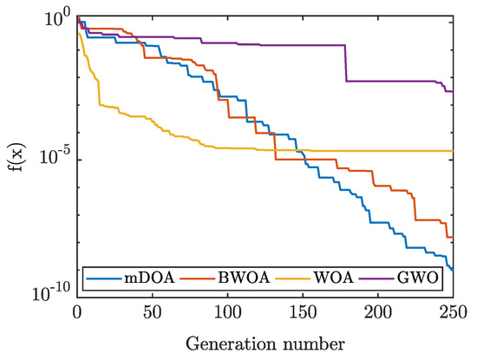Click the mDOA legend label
click(x=145, y=278)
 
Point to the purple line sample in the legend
click(x=382, y=278)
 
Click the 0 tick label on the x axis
click(x=77, y=310)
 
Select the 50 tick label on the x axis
click(x=153, y=310)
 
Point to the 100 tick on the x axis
click(x=227, y=310)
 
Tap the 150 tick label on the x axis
click(x=303, y=310)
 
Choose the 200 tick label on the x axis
click(x=378, y=310)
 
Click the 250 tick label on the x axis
click(x=453, y=310)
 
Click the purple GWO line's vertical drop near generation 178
click(x=346, y=63)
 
